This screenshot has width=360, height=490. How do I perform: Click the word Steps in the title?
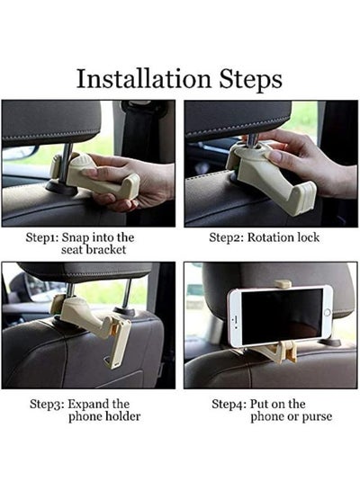pyautogui.click(x=250, y=80)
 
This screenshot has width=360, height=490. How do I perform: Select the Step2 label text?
pyautogui.click(x=226, y=238)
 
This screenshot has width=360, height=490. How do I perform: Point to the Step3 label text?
pyautogui.click(x=47, y=405)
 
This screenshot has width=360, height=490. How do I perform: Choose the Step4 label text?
pyautogui.click(x=229, y=405)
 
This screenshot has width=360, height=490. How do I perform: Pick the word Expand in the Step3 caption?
pyautogui.click(x=87, y=405)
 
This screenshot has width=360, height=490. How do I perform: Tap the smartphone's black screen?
pyautogui.click(x=282, y=316)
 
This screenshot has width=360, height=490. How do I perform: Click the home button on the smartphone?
pyautogui.click(x=328, y=313)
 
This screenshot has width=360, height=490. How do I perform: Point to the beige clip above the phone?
pyautogui.click(x=283, y=284)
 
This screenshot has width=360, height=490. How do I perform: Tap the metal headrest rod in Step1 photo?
pyautogui.click(x=66, y=164)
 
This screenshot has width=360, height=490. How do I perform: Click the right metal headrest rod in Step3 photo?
pyautogui.click(x=126, y=294)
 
